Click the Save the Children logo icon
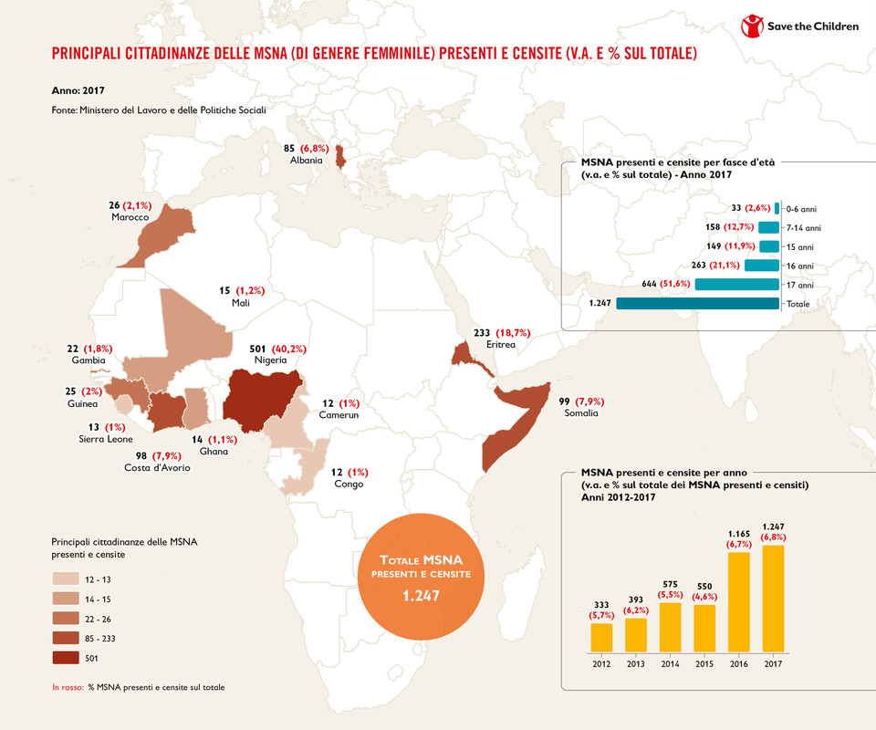[x=752, y=26]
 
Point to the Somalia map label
[x=580, y=413]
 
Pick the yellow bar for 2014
[x=671, y=630]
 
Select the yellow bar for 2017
[x=773, y=600]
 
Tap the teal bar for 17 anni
[x=737, y=285]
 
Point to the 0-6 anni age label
[x=802, y=209]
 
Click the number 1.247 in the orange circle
[x=421, y=596]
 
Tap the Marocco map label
[x=130, y=217]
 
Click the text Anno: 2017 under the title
[x=78, y=91]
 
